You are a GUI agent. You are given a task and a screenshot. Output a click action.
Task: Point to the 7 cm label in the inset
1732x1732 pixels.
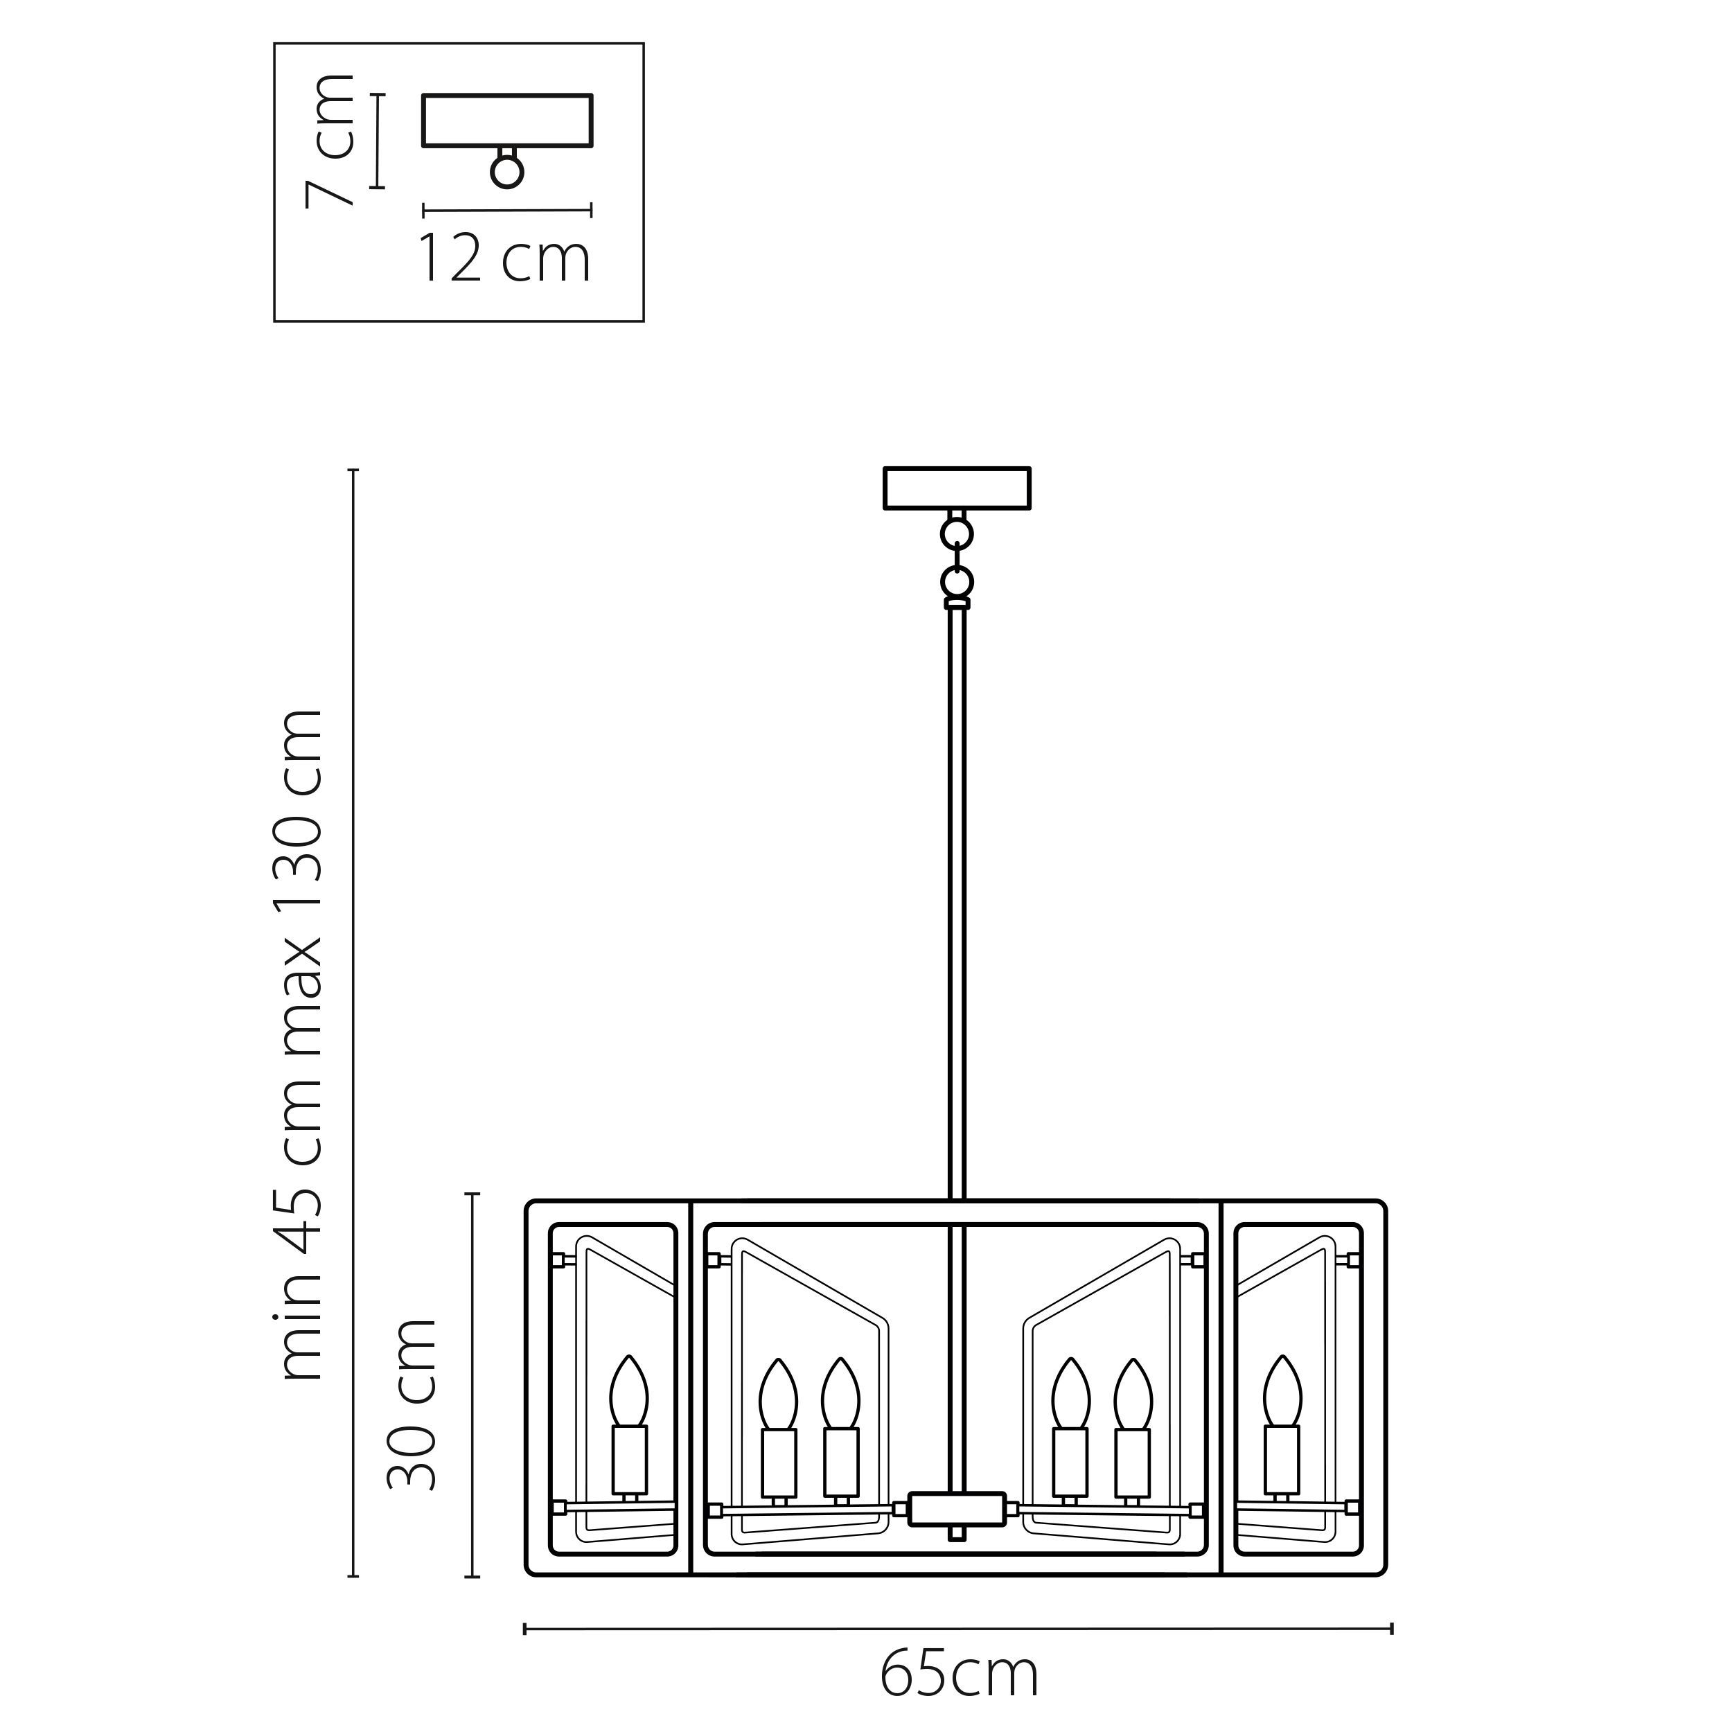(x=329, y=141)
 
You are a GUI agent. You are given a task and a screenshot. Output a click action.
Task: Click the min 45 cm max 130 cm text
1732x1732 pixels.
(x=301, y=1045)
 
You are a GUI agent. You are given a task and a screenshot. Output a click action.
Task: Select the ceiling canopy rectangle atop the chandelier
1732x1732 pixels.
(x=957, y=488)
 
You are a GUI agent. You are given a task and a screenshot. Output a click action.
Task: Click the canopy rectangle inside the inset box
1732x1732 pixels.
(x=507, y=120)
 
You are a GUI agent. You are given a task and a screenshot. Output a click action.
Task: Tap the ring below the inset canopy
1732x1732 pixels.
(x=507, y=171)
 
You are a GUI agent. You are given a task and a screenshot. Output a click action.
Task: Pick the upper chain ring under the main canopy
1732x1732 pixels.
(x=957, y=534)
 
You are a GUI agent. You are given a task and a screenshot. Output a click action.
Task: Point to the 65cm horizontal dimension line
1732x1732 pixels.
(x=957, y=1628)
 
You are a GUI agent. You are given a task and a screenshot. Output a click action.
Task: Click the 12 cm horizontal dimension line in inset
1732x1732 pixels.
(x=507, y=211)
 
